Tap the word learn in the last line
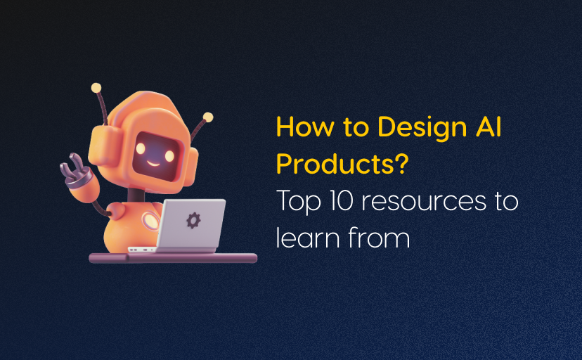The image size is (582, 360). [306, 238]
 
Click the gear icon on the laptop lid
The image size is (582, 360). [192, 220]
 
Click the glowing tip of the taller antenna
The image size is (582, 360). [96, 89]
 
